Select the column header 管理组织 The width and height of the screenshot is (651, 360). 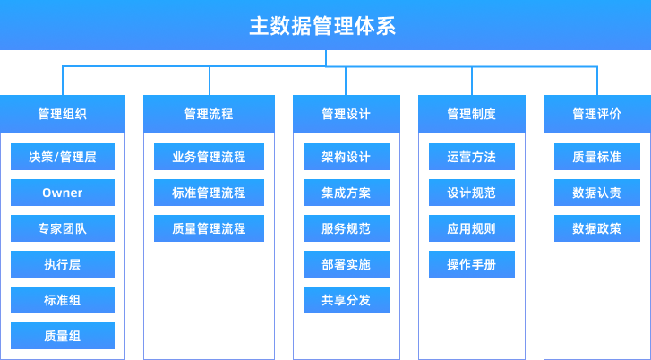63,114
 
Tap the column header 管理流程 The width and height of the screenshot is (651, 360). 209,114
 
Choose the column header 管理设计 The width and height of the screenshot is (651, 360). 346,114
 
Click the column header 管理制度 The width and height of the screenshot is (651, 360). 471,114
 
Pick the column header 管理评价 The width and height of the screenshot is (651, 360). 596,114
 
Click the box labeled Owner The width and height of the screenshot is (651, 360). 63,193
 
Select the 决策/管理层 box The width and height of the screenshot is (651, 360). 63,157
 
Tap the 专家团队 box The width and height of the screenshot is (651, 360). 63,228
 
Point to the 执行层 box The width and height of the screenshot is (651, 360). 63,264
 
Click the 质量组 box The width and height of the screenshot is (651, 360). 63,336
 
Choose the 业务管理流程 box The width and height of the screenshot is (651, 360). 209,157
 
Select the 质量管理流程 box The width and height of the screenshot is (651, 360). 209,228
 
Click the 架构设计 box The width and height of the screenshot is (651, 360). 346,157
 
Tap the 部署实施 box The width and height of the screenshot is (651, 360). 346,264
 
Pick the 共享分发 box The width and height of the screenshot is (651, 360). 346,300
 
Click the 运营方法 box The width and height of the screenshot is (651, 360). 471,157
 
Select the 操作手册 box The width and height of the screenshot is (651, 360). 471,264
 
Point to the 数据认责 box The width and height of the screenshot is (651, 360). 596,193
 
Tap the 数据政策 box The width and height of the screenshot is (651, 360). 596,228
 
